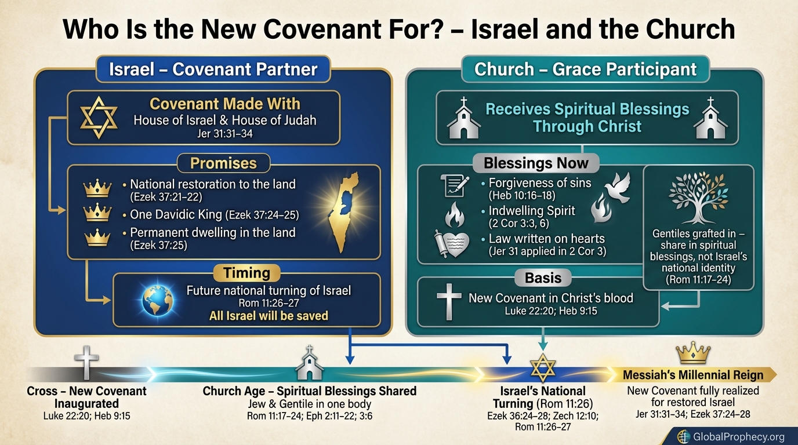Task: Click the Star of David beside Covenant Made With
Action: pos(99,117)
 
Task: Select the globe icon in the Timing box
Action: pos(158,300)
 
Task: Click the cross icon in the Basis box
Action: pos(448,302)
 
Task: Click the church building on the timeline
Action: pos(310,364)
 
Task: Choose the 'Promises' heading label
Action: pos(223,163)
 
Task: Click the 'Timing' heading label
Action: pos(247,273)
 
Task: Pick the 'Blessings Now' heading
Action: pos(536,163)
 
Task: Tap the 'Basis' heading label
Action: pos(543,278)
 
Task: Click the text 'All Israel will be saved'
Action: pos(269,316)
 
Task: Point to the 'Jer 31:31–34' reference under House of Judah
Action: pos(224,134)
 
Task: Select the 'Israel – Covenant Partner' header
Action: pos(214,70)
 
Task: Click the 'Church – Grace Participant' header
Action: pos(585,70)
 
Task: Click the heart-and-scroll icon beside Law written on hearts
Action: pos(450,243)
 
